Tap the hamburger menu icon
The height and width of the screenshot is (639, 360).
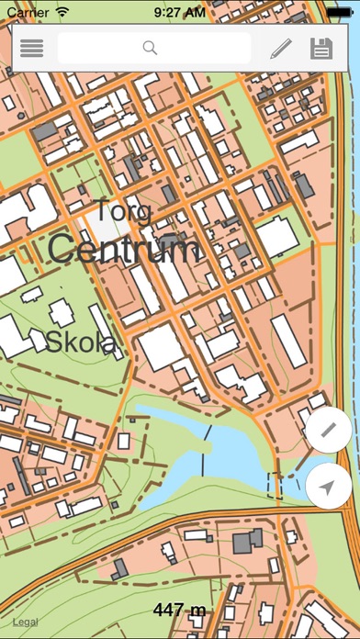tap(32, 49)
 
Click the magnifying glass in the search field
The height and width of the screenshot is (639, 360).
tap(151, 49)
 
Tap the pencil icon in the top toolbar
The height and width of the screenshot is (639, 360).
tap(280, 49)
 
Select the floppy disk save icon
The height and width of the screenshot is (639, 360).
tap(321, 49)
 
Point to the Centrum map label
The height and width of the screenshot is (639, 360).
tap(123, 249)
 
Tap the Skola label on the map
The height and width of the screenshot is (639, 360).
tap(81, 342)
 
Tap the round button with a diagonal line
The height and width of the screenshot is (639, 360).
tap(329, 431)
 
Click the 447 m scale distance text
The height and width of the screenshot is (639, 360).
tap(179, 609)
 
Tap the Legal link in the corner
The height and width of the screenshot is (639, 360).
tap(26, 622)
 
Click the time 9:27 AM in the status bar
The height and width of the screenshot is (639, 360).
tap(179, 12)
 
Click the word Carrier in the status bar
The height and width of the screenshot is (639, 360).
tap(28, 12)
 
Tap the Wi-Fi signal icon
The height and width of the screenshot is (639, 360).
tap(62, 12)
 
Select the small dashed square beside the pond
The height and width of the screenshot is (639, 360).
tap(275, 484)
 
